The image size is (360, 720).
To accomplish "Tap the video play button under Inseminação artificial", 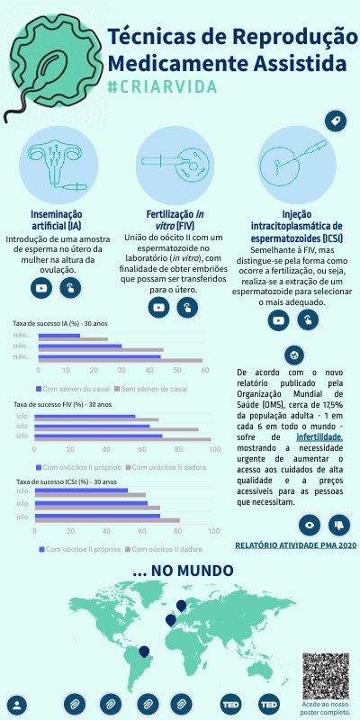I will click(x=40, y=288).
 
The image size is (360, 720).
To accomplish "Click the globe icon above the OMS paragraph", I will click(x=292, y=354).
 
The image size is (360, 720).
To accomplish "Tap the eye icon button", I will click(x=309, y=524).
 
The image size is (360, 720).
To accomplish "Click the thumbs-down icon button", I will click(x=337, y=524).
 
